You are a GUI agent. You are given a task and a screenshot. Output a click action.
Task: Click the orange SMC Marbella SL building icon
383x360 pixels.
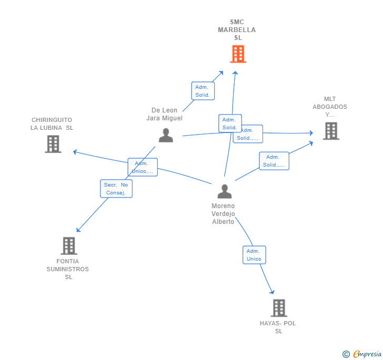238,54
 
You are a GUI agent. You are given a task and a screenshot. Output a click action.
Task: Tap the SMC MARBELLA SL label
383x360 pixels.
237,30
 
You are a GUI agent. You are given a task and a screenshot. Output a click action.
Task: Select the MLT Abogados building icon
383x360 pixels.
331,131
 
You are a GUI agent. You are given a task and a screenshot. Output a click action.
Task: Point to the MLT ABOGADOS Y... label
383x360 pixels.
330,107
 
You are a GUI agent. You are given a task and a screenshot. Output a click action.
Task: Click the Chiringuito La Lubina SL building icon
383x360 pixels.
53,143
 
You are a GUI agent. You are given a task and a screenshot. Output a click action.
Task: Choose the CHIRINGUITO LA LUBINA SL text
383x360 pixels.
52,124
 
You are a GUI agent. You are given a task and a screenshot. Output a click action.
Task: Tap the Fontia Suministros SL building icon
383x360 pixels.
69,245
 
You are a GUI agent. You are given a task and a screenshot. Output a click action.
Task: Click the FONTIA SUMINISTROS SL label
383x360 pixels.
68,269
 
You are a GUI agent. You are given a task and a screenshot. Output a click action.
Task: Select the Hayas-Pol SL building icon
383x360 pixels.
279,307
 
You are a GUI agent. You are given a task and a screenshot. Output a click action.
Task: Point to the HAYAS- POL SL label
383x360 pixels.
278,327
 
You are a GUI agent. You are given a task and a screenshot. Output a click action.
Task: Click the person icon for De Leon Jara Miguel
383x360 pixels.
166,135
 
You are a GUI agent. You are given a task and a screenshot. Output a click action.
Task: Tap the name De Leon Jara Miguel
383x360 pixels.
164,114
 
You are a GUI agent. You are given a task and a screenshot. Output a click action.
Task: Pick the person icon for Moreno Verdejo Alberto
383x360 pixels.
225,191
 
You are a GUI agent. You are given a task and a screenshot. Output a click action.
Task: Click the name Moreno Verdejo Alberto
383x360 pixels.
223,213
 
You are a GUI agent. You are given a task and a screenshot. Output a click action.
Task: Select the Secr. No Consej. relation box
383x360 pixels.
116,189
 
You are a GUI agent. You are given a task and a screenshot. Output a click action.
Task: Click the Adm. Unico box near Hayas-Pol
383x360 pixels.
254,255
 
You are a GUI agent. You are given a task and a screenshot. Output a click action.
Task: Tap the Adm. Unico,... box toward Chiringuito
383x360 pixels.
143,167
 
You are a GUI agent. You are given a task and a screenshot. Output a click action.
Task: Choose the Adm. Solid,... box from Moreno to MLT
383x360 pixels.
274,161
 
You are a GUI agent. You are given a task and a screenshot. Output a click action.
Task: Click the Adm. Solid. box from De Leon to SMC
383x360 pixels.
203,91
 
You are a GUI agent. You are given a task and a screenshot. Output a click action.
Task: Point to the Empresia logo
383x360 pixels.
362,354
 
